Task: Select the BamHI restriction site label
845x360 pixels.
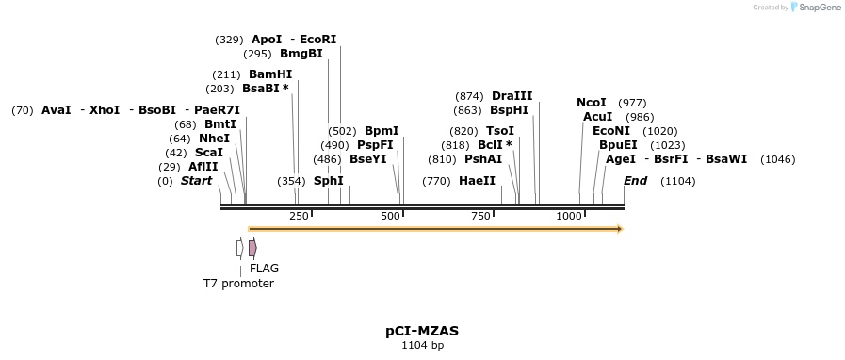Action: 270,74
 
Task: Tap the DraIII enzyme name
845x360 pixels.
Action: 512,96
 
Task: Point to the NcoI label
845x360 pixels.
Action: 592,103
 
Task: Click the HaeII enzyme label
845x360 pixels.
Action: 477,181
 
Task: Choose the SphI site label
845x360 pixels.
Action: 328,181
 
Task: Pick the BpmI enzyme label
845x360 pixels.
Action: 382,131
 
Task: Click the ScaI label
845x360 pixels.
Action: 209,153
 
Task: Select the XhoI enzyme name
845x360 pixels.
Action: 105,110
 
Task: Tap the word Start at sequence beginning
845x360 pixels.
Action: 196,181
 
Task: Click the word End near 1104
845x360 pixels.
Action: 636,181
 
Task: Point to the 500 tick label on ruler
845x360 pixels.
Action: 390,217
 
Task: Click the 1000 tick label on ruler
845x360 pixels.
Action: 568,217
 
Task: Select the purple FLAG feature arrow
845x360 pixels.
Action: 252,248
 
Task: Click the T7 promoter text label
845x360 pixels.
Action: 238,284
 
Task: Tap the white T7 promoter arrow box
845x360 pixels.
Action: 240,248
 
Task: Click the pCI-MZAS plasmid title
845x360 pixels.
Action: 422,332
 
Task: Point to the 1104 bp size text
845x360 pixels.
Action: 422,346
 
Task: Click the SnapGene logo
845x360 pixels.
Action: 816,8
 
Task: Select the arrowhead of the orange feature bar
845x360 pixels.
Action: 620,229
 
